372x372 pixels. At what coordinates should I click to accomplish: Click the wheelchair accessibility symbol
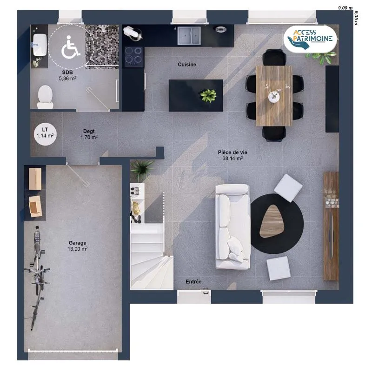(x=70, y=47)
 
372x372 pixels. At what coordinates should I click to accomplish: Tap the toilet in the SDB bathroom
(x=45, y=97)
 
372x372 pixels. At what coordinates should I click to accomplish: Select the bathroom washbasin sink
(x=40, y=45)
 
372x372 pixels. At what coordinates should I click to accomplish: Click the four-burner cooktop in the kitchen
(x=134, y=57)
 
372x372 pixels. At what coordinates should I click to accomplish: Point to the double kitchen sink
(x=189, y=35)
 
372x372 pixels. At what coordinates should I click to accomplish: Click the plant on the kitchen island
(x=208, y=96)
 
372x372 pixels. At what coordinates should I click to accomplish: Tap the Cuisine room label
(x=187, y=64)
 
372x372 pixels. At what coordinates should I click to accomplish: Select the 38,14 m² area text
(x=232, y=158)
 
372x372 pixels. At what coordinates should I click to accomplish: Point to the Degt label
(x=89, y=131)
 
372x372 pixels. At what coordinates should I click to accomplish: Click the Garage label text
(x=77, y=243)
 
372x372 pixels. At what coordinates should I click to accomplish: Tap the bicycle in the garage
(x=37, y=278)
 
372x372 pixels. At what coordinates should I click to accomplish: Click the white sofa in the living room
(x=233, y=227)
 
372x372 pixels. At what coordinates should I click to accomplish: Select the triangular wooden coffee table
(x=272, y=221)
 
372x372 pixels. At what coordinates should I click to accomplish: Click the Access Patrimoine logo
(x=310, y=39)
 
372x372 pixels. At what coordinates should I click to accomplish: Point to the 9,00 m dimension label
(x=345, y=8)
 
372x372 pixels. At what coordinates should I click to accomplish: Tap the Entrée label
(x=193, y=282)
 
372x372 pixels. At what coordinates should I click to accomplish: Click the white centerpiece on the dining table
(x=274, y=97)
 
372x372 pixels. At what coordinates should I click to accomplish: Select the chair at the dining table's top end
(x=274, y=57)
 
